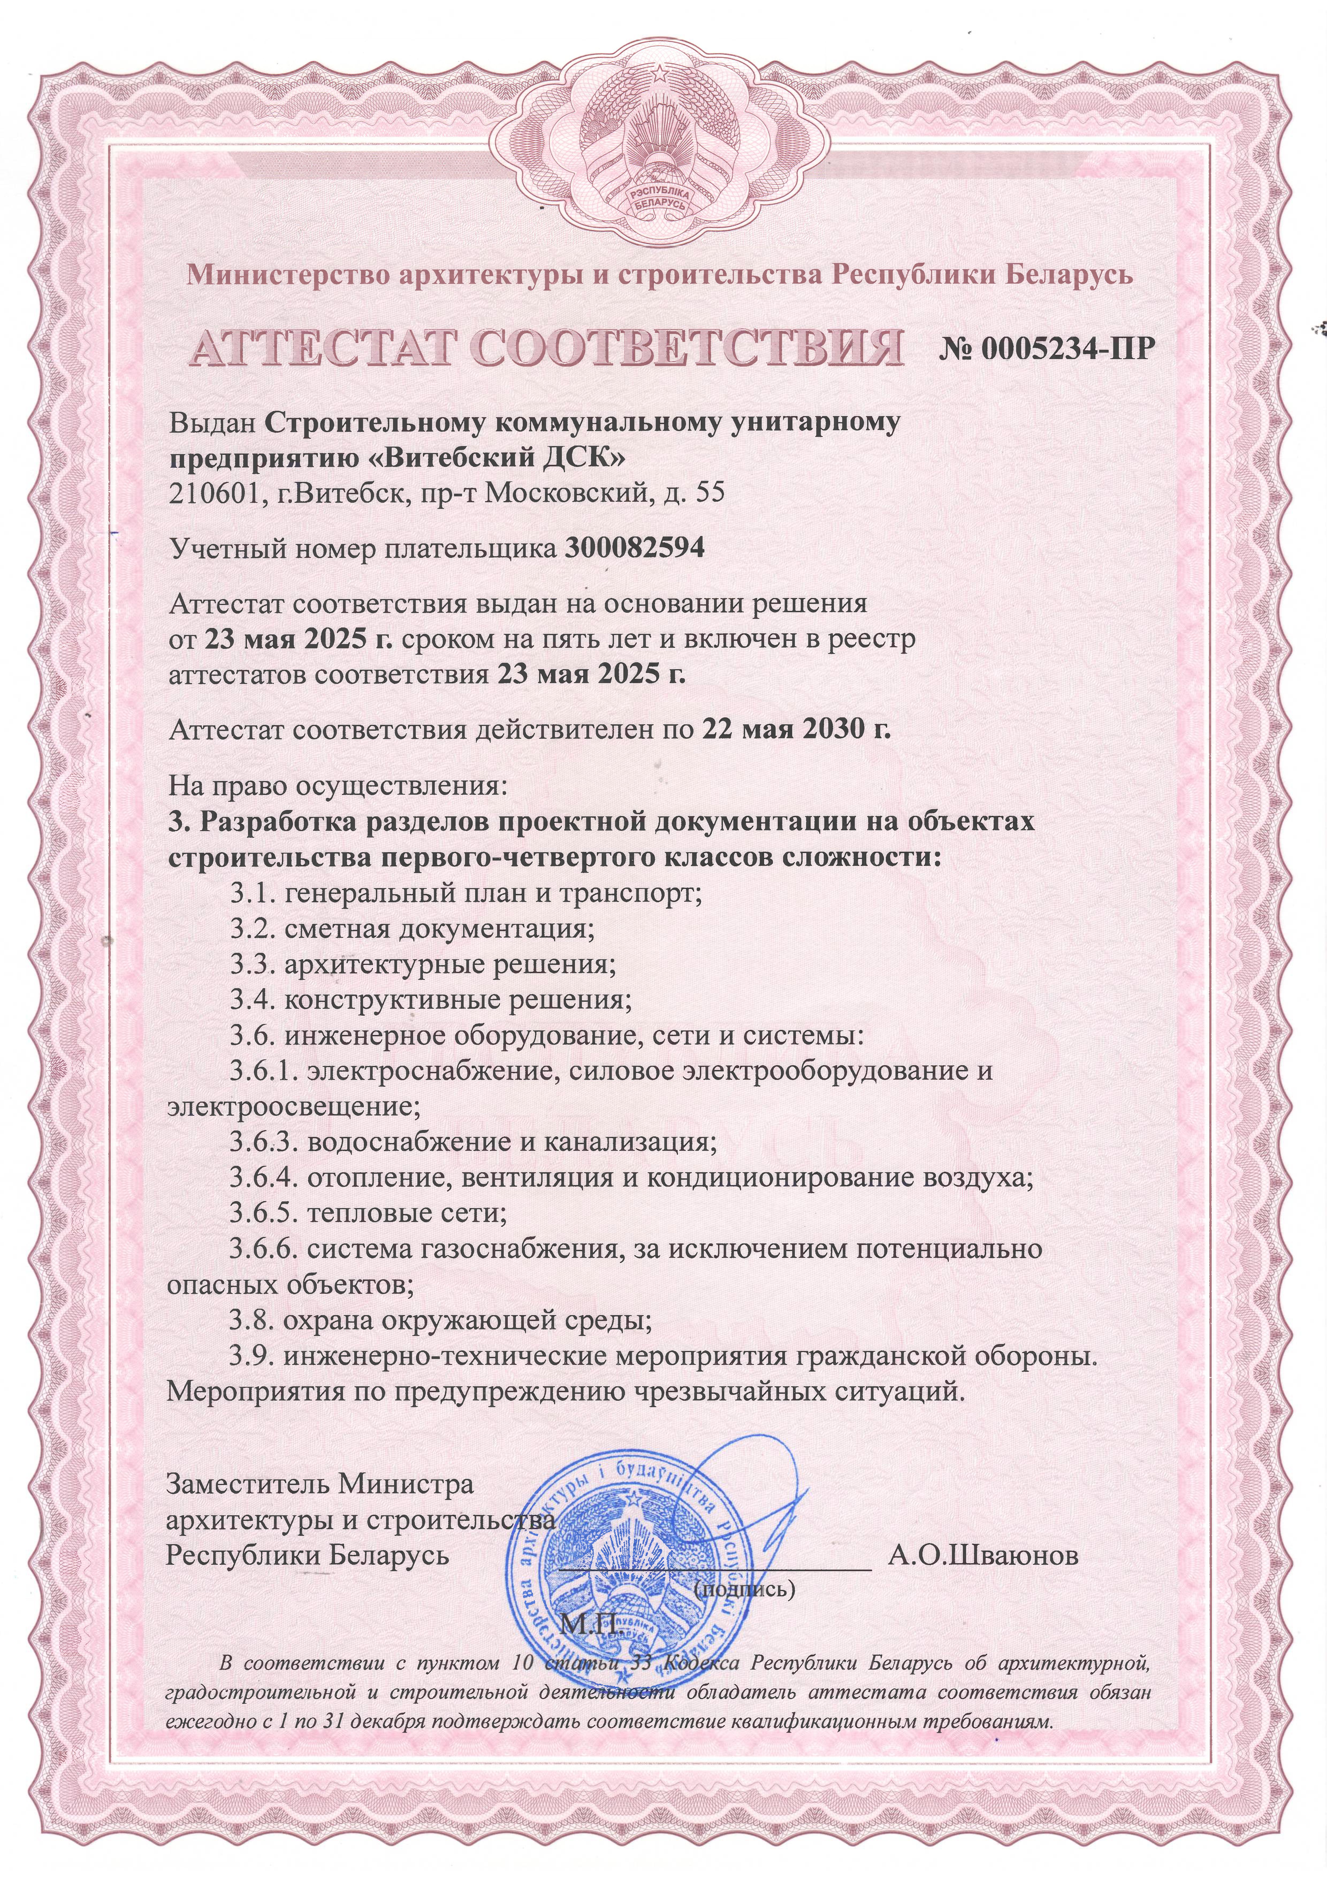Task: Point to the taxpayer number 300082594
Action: tap(635, 548)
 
